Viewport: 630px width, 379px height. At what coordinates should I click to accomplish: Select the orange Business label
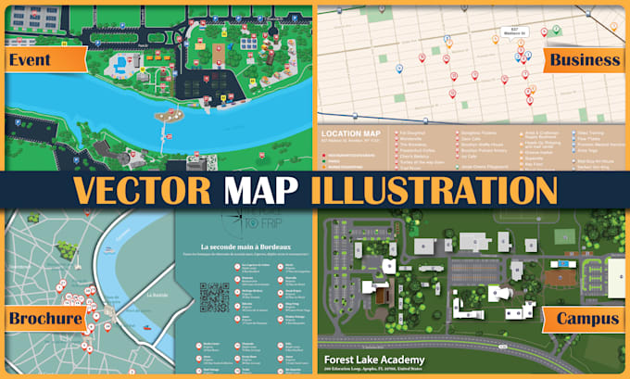583,60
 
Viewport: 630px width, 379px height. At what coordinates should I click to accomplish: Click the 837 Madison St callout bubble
519,32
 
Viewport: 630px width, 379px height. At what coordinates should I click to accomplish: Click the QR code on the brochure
214,297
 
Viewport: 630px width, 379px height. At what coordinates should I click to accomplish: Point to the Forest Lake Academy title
375,360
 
